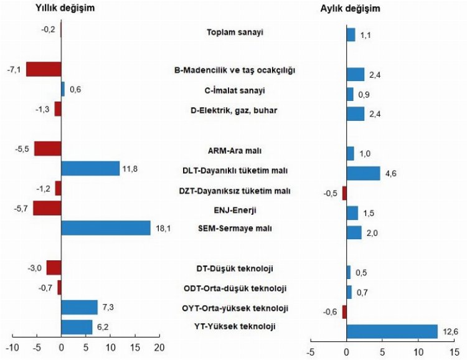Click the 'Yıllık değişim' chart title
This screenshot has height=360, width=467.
click(69, 9)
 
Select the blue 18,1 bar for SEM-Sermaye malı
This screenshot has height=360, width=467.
click(106, 228)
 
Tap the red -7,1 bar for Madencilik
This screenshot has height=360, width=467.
click(44, 69)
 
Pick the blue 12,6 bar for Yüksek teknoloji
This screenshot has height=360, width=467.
click(392, 331)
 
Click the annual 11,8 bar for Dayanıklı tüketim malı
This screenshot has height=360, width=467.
click(90, 168)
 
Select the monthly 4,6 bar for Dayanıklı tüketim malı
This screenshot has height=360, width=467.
click(363, 173)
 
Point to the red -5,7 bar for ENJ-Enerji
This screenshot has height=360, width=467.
click(47, 208)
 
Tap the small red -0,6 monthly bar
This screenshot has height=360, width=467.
click(344, 312)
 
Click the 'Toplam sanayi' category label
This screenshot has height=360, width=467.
click(234, 32)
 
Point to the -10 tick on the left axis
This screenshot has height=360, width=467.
click(12, 346)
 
